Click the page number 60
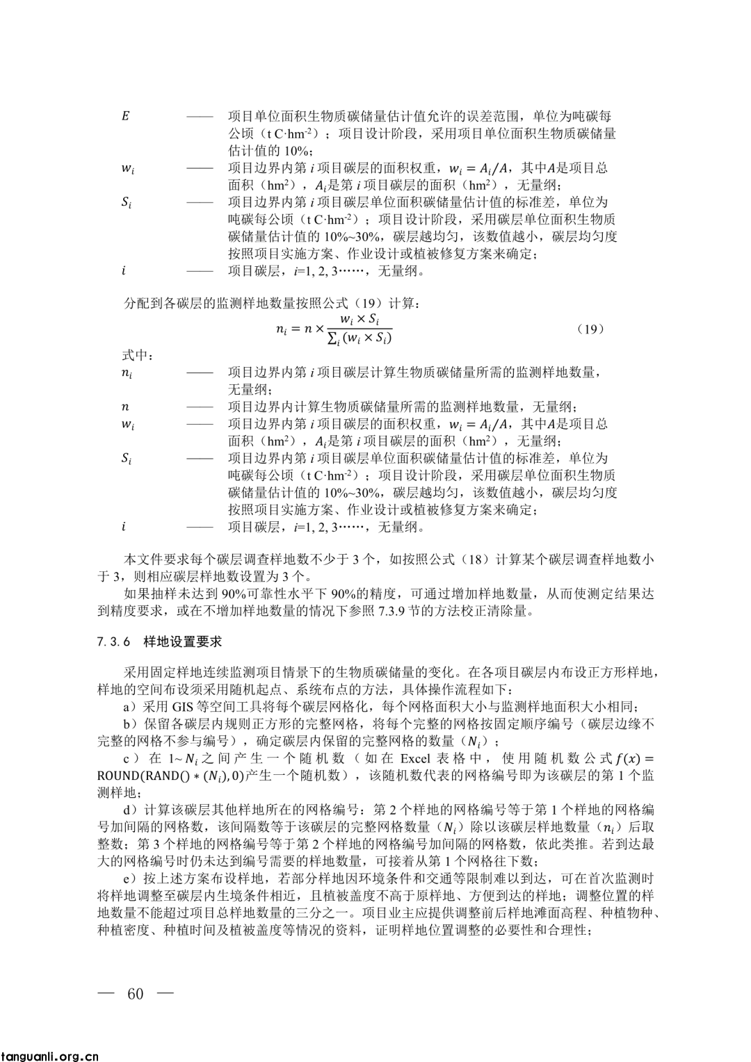(135, 994)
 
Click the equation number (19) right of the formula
(590, 329)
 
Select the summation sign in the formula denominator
(332, 339)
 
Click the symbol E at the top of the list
(125, 116)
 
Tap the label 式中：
(138, 356)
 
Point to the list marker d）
(130, 810)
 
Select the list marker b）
(130, 724)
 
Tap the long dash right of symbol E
(200, 116)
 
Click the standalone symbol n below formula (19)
(125, 407)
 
